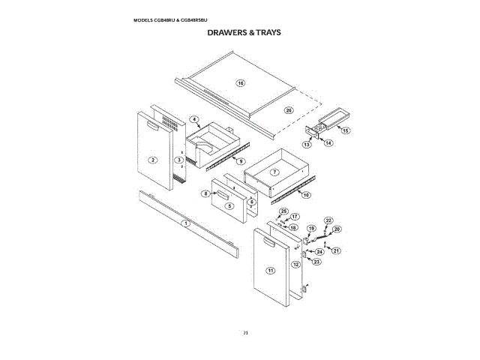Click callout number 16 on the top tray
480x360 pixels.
point(241,82)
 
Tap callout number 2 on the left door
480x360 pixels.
point(152,160)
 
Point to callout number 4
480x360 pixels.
point(193,119)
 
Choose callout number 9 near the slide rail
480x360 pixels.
point(241,160)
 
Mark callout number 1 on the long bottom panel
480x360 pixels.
point(187,223)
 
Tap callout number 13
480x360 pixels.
point(307,143)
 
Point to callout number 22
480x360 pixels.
point(328,220)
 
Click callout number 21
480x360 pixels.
point(337,250)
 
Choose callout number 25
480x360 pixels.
point(283,211)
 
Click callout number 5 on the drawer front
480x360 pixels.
point(230,205)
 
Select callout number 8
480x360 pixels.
point(205,193)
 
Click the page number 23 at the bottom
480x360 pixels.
point(245,332)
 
